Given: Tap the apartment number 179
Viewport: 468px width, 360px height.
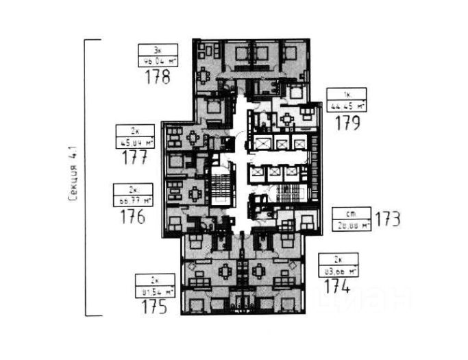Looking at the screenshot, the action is pos(347,123).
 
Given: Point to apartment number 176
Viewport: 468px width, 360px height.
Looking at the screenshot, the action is pos(132,217).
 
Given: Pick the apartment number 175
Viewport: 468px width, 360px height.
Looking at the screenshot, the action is pos(154,307).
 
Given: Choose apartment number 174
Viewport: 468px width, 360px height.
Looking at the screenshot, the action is pos(338,287).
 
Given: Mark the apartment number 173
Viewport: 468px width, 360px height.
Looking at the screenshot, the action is pos(387,219).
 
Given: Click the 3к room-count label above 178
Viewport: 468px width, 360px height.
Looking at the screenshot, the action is pos(157,49).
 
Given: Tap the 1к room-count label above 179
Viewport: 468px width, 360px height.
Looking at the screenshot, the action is pos(346,94).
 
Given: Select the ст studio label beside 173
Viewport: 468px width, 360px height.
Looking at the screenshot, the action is pos(351,213).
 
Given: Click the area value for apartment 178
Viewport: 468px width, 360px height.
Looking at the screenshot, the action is pos(157,60).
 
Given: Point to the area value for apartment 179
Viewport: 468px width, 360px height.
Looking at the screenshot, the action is pos(346,105).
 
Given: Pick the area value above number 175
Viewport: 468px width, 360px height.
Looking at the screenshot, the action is pos(154,291).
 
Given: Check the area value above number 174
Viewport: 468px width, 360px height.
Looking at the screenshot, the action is pos(338,271).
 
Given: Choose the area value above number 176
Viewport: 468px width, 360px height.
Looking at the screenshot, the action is pos(132,200).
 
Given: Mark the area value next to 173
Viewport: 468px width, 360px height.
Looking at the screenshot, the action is pos(351,224).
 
